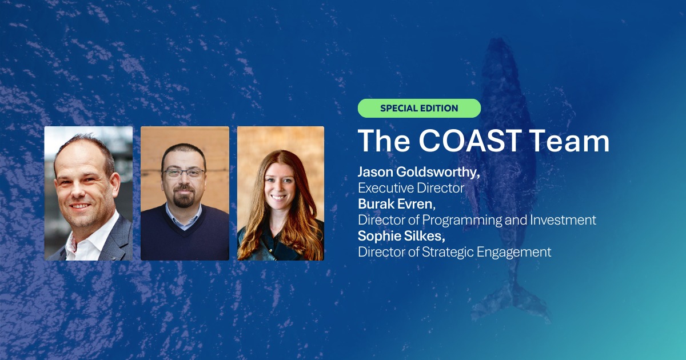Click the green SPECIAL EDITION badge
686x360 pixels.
click(419, 108)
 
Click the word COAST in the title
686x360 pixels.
click(470, 141)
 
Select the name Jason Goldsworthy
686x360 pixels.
click(418, 173)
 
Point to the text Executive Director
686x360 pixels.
click(411, 188)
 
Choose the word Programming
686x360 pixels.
click(462, 221)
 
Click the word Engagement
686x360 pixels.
click(514, 252)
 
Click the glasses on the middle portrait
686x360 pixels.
click(184, 173)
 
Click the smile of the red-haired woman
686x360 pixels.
click(278, 197)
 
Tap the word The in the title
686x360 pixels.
click(384, 141)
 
